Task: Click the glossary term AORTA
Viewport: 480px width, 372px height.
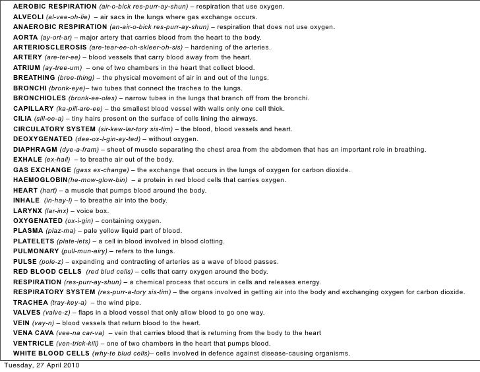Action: point(25,38)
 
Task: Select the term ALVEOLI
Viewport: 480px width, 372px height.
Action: point(28,17)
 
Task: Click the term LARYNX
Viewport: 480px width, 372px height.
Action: point(27,211)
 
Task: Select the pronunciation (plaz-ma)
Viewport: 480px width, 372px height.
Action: point(59,232)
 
